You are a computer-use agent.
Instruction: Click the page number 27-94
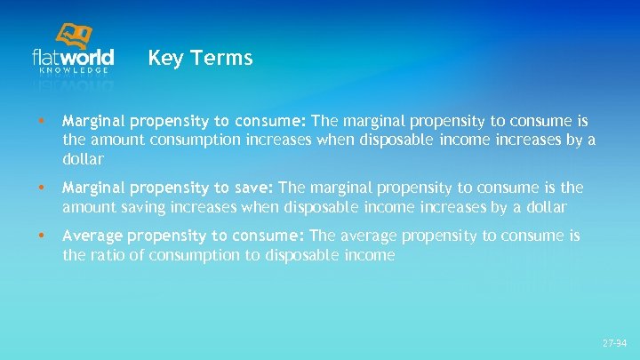pyautogui.click(x=614, y=342)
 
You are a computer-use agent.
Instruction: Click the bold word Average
pyautogui.click(x=91, y=236)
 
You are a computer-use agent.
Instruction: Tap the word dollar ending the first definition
pyautogui.click(x=83, y=160)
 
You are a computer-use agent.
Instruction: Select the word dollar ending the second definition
pyautogui.click(x=546, y=207)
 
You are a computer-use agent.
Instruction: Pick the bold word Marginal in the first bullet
pyautogui.click(x=93, y=120)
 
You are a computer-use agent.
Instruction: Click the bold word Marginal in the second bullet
pyautogui.click(x=93, y=188)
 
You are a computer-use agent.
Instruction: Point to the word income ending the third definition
pyautogui.click(x=371, y=256)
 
